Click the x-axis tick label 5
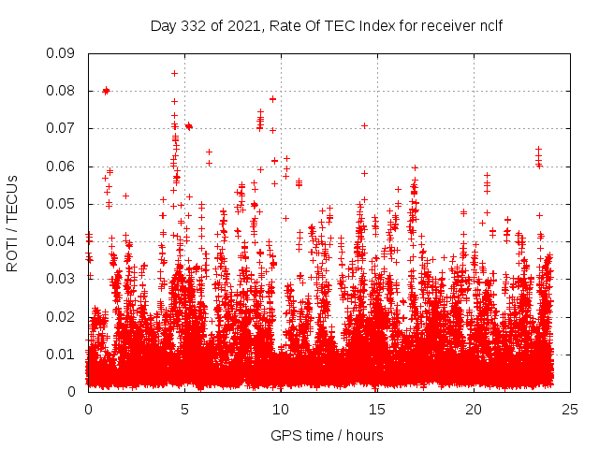point(184,409)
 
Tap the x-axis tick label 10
point(281,409)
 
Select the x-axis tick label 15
point(377,409)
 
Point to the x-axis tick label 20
point(474,409)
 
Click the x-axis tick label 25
point(570,409)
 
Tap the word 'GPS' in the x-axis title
point(285,435)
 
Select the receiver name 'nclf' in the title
point(489,26)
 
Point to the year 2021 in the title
point(241,26)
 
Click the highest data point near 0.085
point(174,72)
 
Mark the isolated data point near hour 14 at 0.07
point(364,125)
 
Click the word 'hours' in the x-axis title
point(363,435)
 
